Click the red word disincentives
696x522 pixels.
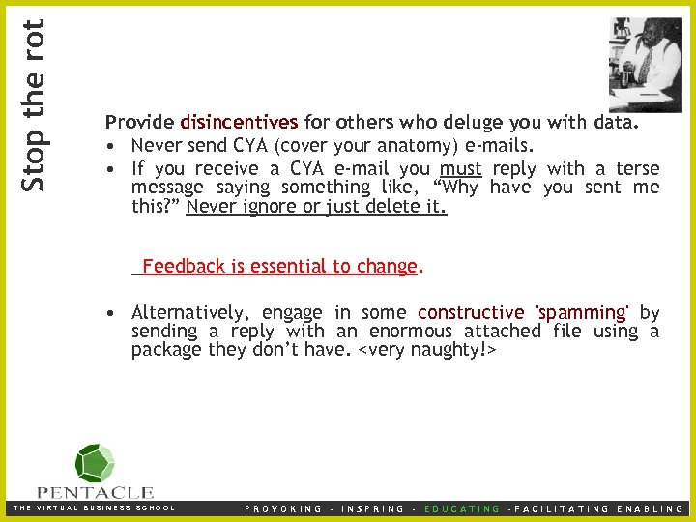pos(239,123)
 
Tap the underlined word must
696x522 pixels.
pos(460,168)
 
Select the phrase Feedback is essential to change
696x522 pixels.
pos(278,266)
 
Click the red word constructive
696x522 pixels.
pos(471,312)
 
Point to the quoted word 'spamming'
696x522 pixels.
pos(582,312)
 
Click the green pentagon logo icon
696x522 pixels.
pos(95,463)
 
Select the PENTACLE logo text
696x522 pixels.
pos(95,492)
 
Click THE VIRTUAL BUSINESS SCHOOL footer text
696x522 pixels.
pos(94,508)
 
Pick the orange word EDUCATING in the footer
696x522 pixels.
pos(463,508)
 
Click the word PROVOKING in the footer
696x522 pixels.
pos(283,508)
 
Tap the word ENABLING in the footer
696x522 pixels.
pos(650,508)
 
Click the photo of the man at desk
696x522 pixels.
pos(644,63)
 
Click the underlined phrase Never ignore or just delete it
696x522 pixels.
pos(316,206)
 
